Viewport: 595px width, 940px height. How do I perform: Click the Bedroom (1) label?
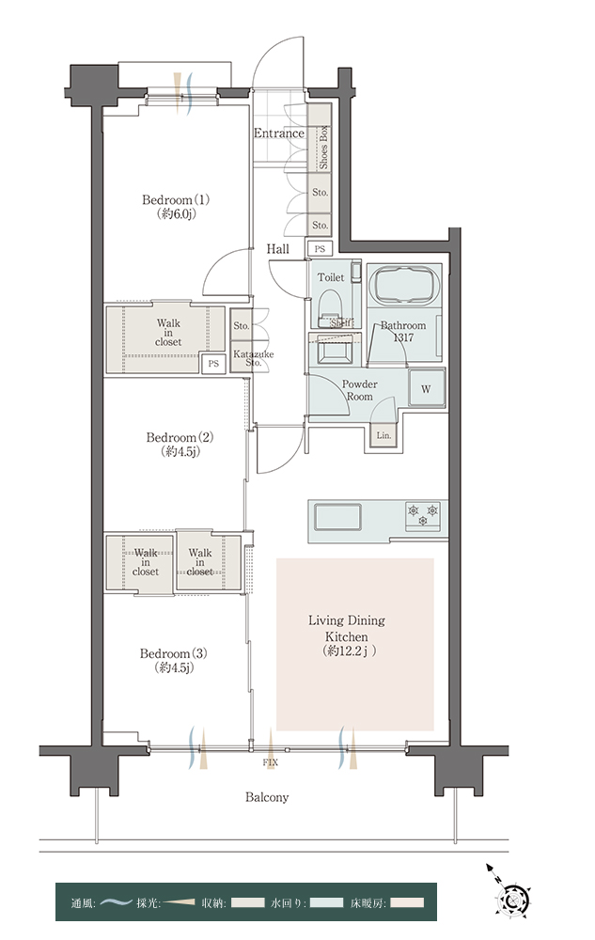pyautogui.click(x=176, y=206)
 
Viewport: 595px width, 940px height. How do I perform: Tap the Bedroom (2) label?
pyautogui.click(x=180, y=445)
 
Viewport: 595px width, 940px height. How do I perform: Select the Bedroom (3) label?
pyautogui.click(x=174, y=660)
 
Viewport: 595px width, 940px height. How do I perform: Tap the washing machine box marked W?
pyautogui.click(x=426, y=388)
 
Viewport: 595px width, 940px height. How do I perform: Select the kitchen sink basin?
pyautogui.click(x=338, y=517)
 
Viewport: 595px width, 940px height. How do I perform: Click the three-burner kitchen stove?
pyautogui.click(x=424, y=516)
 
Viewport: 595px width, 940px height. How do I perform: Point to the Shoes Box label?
pyautogui.click(x=323, y=147)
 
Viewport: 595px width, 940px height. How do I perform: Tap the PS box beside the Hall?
pyautogui.click(x=320, y=248)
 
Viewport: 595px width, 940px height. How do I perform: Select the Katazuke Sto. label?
pyautogui.click(x=254, y=358)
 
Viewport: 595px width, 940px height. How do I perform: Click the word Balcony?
pyautogui.click(x=267, y=797)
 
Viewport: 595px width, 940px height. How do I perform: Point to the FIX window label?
pyautogui.click(x=270, y=763)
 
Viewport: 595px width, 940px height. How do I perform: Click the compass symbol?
pyautogui.click(x=512, y=896)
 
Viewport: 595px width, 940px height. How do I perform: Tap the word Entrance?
pyautogui.click(x=278, y=133)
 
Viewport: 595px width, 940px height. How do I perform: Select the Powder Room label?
pyautogui.click(x=359, y=390)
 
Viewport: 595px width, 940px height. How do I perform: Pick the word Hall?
pyautogui.click(x=277, y=249)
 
